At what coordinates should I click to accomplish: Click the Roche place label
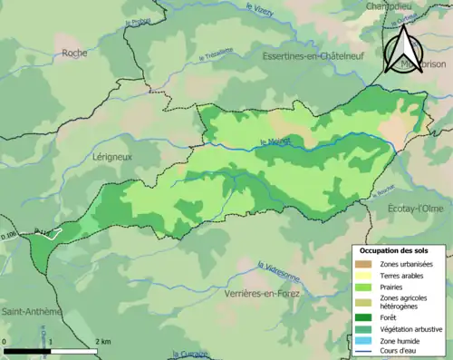point(74,53)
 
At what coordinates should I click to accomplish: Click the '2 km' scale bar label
point(103,342)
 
